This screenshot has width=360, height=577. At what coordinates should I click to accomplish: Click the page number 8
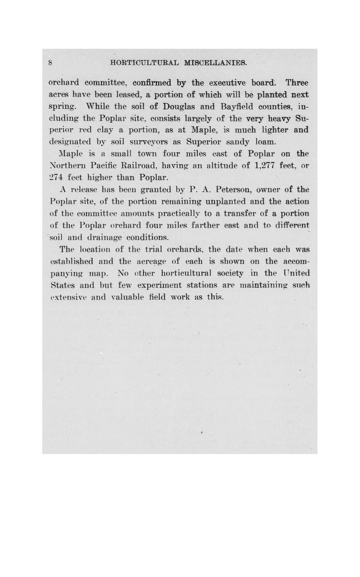pos(50,64)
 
